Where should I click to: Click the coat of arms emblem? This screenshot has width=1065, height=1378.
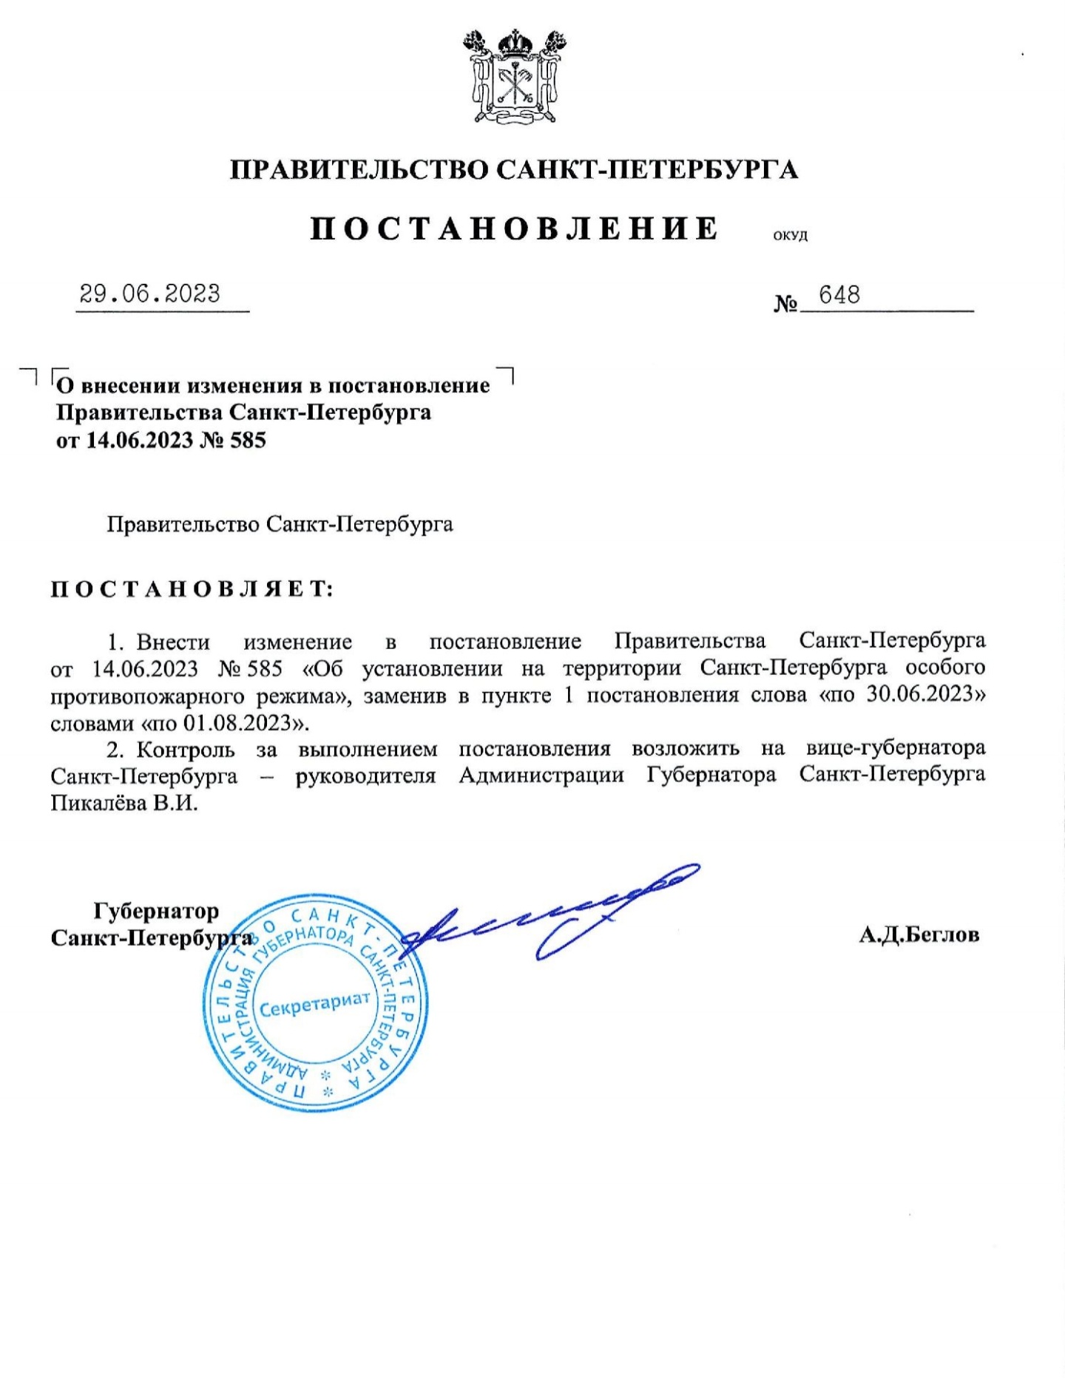coord(514,76)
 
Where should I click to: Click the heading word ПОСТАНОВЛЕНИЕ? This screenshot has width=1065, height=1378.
coord(514,228)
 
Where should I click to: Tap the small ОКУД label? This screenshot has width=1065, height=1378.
coord(790,237)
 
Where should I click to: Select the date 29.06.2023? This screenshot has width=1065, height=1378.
coord(150,293)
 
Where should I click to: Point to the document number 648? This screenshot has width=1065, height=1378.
coord(839,295)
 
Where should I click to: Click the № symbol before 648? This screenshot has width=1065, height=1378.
coord(785,303)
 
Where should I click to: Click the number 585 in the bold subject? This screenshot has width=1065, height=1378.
coord(248,441)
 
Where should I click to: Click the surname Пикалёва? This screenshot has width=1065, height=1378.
coord(98,803)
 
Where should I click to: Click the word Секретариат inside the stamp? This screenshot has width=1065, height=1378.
coord(314,1005)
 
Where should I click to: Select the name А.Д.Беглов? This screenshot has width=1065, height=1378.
coord(919,935)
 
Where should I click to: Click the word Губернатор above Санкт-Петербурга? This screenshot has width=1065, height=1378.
coord(156,911)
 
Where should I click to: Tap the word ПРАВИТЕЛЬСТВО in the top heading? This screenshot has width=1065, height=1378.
coord(359,170)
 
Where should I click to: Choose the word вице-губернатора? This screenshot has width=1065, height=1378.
coord(896,748)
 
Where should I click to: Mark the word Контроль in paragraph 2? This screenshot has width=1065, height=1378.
coord(186,750)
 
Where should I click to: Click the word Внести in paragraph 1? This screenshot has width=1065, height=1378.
coord(173,642)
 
